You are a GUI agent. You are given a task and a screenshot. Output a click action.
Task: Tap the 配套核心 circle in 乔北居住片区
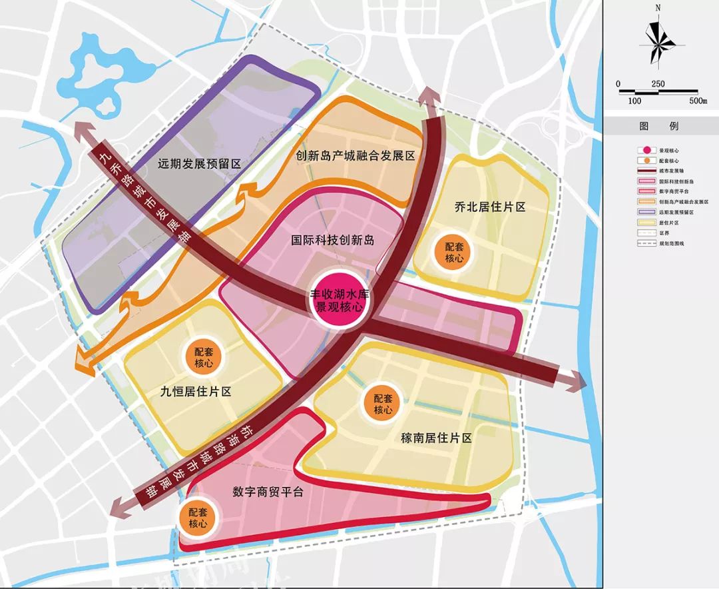pos(455,252)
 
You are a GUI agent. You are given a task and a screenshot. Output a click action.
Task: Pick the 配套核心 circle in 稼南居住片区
pos(383,404)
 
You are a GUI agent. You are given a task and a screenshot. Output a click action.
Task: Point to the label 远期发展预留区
pos(198,163)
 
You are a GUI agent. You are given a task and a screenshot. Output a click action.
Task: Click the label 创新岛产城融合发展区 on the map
pos(356,156)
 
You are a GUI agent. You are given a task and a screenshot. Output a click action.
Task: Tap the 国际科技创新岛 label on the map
pos(333,241)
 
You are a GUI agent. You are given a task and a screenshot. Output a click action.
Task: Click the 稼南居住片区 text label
pos(436,438)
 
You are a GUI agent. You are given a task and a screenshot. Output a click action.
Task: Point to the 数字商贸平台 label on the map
pos(268,492)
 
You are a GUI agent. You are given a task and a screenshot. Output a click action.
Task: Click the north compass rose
pos(657,43)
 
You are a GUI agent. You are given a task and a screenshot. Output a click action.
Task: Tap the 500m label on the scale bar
pos(697,101)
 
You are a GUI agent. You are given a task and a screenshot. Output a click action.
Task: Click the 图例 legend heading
pos(658,125)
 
